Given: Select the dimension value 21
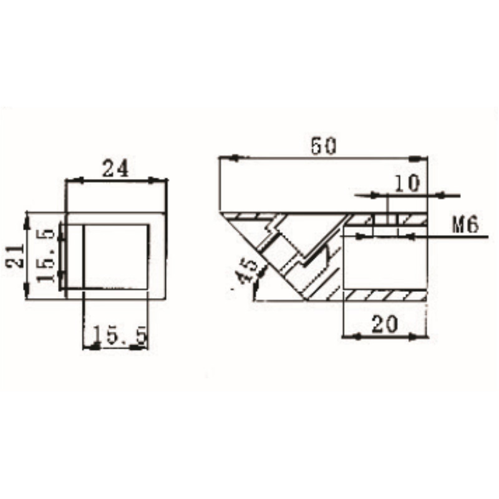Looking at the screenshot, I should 17,254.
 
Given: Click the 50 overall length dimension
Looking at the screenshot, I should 323,146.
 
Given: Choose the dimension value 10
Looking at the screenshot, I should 407,183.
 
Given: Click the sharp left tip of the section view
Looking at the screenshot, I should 221,213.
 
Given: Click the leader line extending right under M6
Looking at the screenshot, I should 449,236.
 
